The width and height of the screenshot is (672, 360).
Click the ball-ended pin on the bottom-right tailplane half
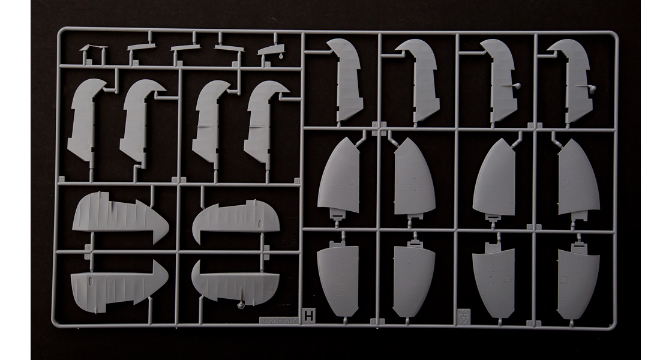pos(240,305)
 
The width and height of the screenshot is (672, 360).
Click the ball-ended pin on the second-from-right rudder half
pos(517,86)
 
